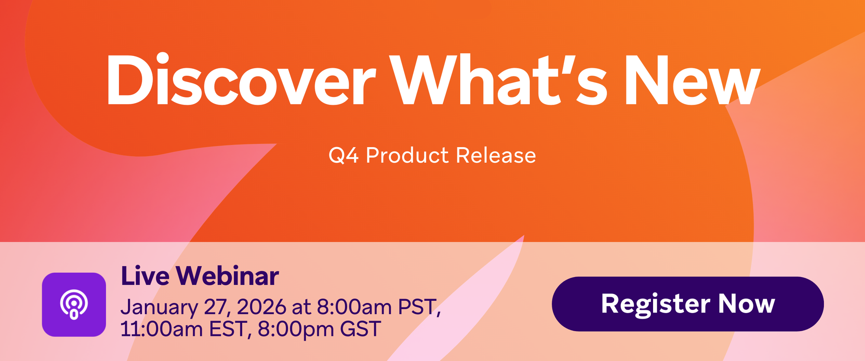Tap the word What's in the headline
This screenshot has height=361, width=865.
498,80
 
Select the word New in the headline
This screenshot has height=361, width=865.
691,81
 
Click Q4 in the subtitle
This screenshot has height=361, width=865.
343,155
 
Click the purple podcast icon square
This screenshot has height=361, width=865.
74,304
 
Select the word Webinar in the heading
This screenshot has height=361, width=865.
227,276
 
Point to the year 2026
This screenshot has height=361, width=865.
262,307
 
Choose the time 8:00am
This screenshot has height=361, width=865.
355,307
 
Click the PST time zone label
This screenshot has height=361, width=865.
417,307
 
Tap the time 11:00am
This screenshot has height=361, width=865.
161,329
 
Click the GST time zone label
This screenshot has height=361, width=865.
361,329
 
